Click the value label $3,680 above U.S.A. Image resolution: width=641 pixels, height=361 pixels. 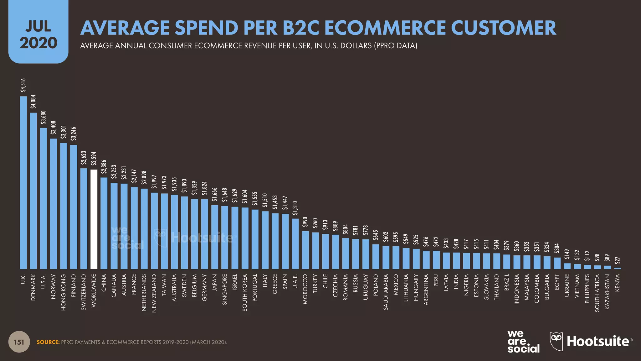click(x=44, y=118)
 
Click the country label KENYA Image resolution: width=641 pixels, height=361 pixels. click(x=618, y=283)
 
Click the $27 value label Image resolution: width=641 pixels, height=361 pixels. click(x=617, y=261)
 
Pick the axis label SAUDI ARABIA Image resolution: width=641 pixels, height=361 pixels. click(x=386, y=292)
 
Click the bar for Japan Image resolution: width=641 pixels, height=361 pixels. click(x=215, y=237)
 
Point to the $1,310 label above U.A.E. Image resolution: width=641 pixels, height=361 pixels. click(x=295, y=208)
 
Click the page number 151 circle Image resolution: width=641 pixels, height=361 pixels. click(x=19, y=342)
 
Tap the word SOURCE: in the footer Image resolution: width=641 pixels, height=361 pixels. click(x=48, y=342)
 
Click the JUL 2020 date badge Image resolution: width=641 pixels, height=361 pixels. click(x=38, y=34)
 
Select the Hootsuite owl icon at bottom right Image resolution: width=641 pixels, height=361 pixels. click(x=556, y=341)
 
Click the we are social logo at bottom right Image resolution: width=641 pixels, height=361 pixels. click(x=523, y=342)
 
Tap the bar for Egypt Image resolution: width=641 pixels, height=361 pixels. click(x=557, y=263)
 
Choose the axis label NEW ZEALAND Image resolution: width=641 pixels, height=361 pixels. click(x=154, y=293)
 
